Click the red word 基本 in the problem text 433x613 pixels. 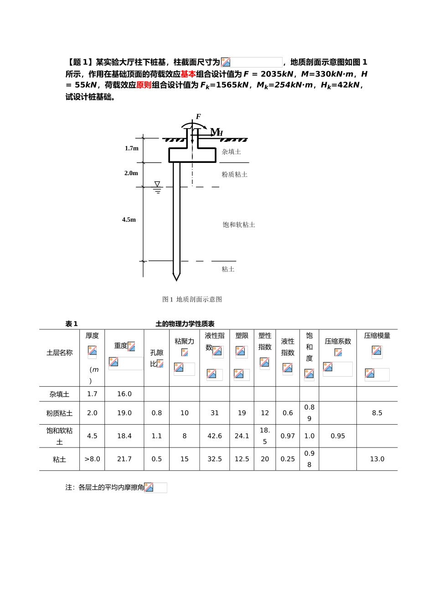pyautogui.click(x=188, y=74)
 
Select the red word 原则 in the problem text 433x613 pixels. pyautogui.click(x=144, y=85)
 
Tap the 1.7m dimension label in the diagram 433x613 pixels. pyautogui.click(x=132, y=148)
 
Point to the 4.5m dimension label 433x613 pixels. pyautogui.click(x=129, y=219)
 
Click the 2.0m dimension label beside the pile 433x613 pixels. pyautogui.click(x=131, y=173)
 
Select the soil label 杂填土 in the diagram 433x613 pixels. pyautogui.click(x=232, y=152)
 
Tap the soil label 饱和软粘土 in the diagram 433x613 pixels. pyautogui.click(x=239, y=225)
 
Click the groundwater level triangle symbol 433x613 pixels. pyautogui.click(x=157, y=185)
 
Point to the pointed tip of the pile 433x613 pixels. pyautogui.click(x=176, y=278)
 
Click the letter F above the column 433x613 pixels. pyautogui.click(x=198, y=117)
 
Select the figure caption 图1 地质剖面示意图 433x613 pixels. pyautogui.click(x=192, y=299)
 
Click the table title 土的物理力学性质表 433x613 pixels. pyautogui.click(x=185, y=324)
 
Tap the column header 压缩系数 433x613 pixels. pyautogui.click(x=338, y=341)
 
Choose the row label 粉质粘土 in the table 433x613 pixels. pyautogui.click(x=60, y=413)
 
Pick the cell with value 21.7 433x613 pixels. pyautogui.click(x=124, y=459)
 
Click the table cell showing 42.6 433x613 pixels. pyautogui.click(x=215, y=436)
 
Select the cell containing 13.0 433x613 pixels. pyautogui.click(x=377, y=459)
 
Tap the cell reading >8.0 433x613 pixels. pyautogui.click(x=92, y=459)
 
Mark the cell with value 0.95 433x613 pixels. pyautogui.click(x=338, y=436)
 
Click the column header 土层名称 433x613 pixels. pyautogui.click(x=60, y=353)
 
